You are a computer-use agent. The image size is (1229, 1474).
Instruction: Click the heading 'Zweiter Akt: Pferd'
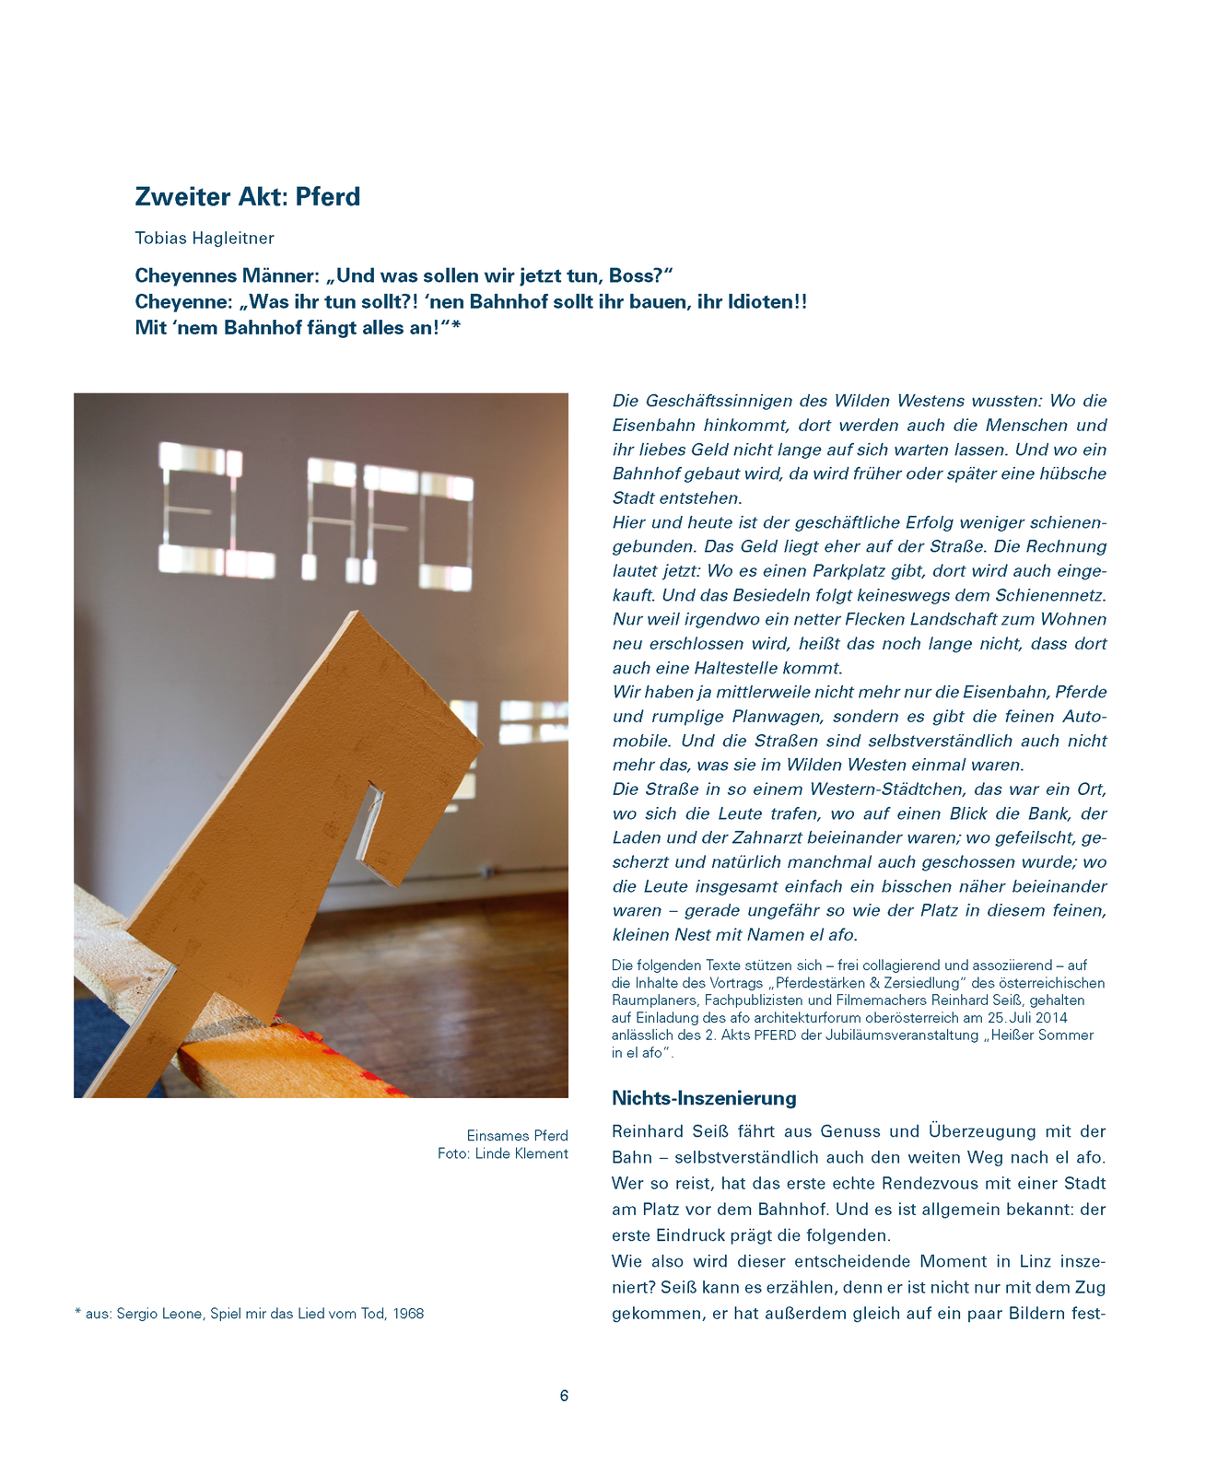[x=247, y=196]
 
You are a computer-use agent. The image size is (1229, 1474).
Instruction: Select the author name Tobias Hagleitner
[x=205, y=239]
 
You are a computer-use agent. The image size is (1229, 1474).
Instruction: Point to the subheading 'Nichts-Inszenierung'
[x=704, y=1098]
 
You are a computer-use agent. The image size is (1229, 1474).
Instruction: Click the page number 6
[x=564, y=1396]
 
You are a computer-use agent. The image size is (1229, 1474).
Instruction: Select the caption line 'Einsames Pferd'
[x=517, y=1136]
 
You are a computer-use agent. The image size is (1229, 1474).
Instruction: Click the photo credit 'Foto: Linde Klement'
[x=503, y=1153]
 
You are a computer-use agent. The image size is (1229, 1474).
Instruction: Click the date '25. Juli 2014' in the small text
[x=1026, y=1017]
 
